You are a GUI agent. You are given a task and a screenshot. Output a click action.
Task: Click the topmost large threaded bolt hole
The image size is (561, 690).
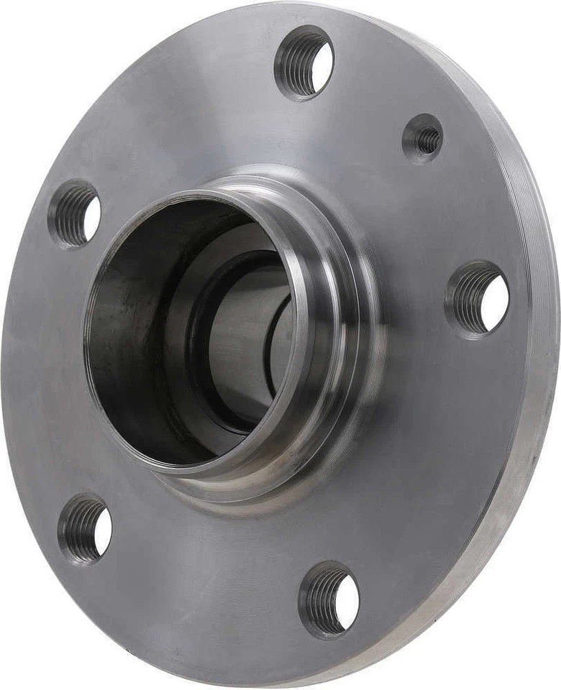(x=304, y=63)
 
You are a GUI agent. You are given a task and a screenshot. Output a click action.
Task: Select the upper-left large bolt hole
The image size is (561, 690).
(x=75, y=213)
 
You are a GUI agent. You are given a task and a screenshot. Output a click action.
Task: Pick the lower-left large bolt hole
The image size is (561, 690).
(x=85, y=528)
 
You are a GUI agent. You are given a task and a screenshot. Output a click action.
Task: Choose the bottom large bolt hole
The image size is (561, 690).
(x=329, y=599)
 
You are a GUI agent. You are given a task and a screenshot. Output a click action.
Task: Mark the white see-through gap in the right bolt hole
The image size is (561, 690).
(x=495, y=303)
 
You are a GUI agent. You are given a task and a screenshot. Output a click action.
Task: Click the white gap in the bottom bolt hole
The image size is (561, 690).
(x=347, y=603)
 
